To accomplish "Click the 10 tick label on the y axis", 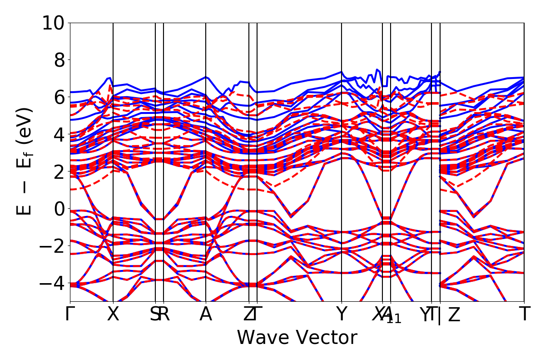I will tap(54, 23).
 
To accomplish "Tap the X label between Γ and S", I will tap(113, 314).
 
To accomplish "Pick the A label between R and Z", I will tap(206, 314).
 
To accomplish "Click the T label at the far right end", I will tap(525, 314).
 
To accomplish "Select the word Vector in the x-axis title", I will tap(327, 338).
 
